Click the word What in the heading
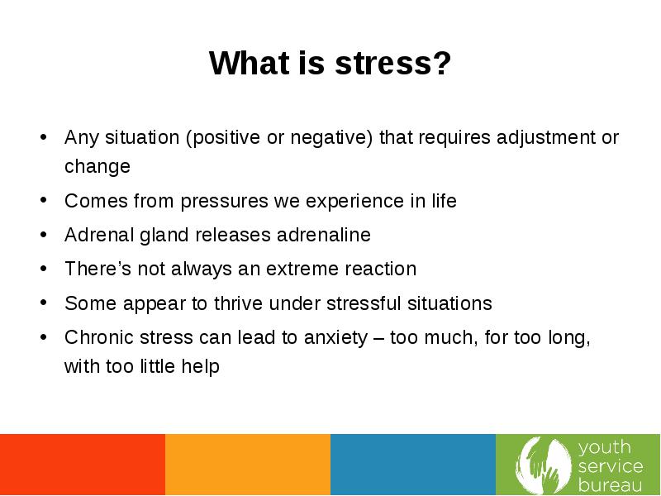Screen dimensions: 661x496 249,64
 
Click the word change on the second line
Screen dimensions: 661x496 97,166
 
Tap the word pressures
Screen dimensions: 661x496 224,202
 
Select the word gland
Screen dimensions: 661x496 164,236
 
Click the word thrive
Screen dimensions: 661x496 238,303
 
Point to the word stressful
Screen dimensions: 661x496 364,303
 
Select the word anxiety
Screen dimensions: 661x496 336,338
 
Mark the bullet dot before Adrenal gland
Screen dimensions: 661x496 44,235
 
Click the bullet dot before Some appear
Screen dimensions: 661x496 44,303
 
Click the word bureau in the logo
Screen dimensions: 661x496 610,485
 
